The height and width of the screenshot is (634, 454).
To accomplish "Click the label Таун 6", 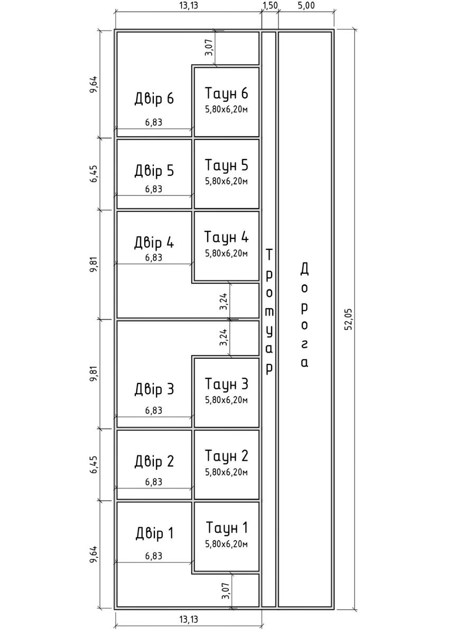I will click(226, 94).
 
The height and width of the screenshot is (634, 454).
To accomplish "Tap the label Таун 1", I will click(226, 527).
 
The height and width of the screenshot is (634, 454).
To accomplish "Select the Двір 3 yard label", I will click(154, 389).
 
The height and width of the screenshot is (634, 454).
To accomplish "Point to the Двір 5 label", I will click(154, 171).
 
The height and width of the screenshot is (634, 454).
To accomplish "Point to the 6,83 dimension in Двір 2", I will click(153, 482).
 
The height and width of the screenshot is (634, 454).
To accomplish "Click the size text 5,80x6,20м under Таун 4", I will click(226, 253).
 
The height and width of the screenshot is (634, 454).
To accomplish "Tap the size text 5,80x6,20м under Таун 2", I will click(226, 471).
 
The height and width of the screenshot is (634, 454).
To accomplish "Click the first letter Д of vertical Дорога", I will click(304, 269).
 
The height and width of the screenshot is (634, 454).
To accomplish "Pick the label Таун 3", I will click(226, 383).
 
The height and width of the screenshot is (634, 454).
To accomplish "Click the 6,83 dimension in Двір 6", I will click(153, 122).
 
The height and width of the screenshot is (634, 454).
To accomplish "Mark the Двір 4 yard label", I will click(154, 243).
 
